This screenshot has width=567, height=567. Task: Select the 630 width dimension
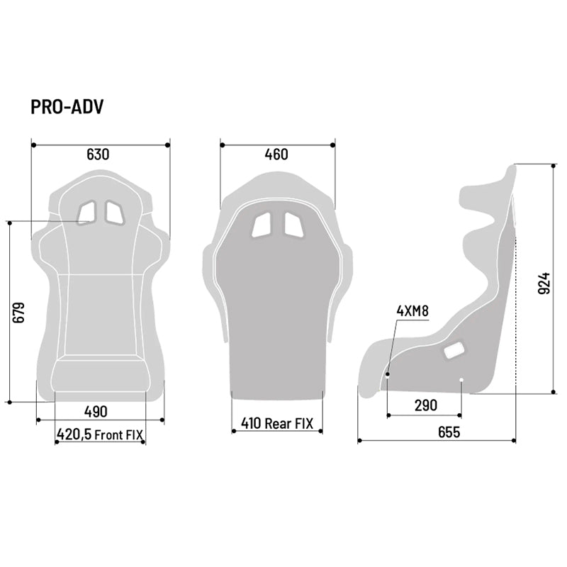pos(98,155)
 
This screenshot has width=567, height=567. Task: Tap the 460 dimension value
pos(276,155)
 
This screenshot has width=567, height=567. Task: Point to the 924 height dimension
pos(544,283)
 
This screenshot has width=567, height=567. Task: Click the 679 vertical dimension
pos(19,313)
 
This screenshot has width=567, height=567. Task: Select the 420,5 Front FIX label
pos(100,435)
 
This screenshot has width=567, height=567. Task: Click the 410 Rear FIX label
pos(276,424)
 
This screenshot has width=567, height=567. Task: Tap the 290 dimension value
pos(425,405)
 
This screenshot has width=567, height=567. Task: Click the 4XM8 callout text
pos(412,310)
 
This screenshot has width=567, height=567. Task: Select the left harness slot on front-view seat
pos(87,211)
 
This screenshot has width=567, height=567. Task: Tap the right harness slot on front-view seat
pos(113,211)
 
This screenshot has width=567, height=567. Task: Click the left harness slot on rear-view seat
pos(262,224)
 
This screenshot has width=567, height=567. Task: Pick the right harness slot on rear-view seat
pos(293,224)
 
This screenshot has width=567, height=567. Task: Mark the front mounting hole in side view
pos(388,373)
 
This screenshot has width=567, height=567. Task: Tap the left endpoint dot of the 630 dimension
pos(33,145)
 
